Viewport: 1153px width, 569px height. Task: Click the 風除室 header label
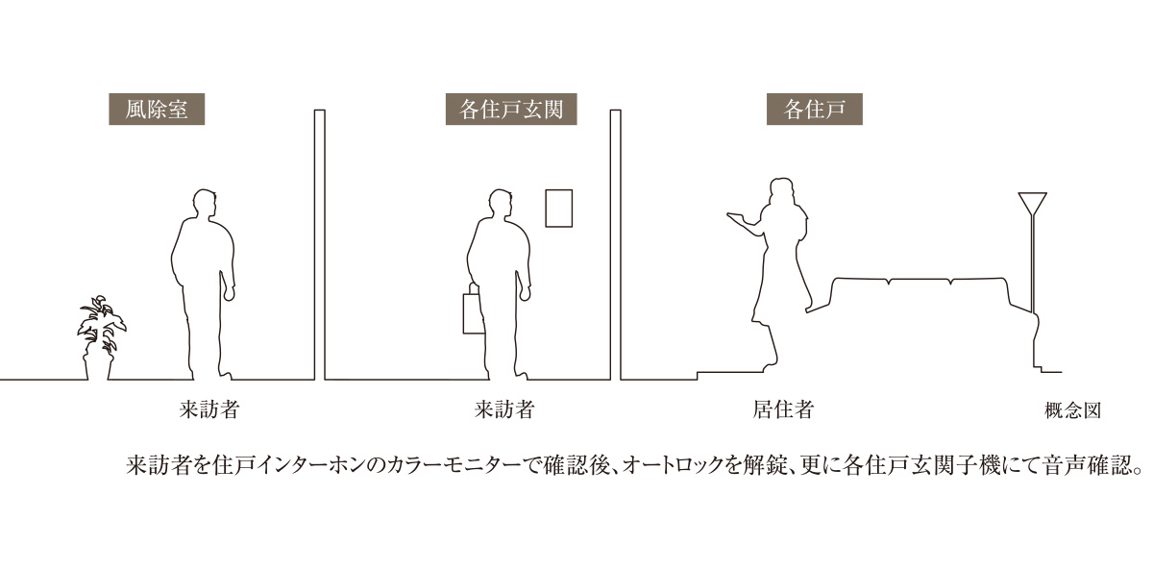tap(157, 110)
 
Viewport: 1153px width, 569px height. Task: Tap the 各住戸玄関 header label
tap(511, 110)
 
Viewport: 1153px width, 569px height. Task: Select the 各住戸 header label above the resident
tap(815, 110)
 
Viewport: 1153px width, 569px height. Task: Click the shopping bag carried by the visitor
tap(474, 312)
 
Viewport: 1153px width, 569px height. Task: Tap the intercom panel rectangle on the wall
tap(559, 208)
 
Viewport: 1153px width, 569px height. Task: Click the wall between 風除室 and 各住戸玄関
tap(320, 244)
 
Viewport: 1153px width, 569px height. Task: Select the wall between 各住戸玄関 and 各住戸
tap(616, 244)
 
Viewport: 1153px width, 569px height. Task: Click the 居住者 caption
tap(783, 409)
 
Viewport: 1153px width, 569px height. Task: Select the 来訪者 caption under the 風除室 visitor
tap(209, 409)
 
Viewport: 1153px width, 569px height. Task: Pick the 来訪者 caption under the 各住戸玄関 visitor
tap(504, 409)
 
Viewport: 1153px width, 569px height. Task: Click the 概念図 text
tap(1072, 411)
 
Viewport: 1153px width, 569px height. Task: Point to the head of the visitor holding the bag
tap(501, 205)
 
